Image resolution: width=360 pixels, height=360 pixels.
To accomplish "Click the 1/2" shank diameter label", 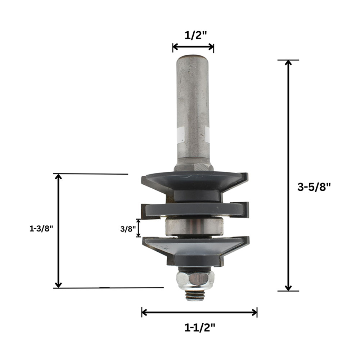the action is point(195,35).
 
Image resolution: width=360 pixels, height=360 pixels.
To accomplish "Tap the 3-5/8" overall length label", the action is point(314,187).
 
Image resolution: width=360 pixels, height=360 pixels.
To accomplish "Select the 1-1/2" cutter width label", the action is point(200,327).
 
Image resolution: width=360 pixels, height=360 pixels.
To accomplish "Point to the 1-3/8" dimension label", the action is point(41,229).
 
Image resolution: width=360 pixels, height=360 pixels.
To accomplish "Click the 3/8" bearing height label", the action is point(127,229).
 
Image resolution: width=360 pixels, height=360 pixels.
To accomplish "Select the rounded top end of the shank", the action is point(193,58).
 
